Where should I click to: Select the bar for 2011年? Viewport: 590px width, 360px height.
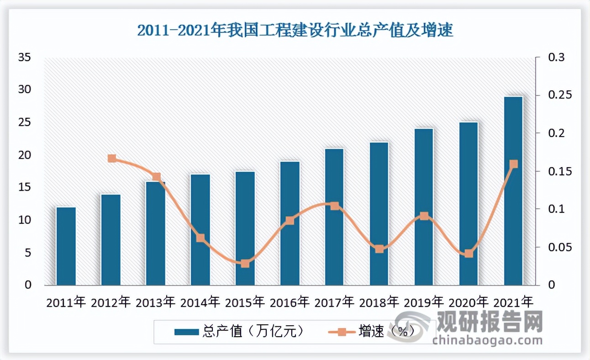coord(66,247)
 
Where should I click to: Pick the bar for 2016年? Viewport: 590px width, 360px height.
coord(290,224)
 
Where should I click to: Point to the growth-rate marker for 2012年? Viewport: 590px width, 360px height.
coord(112,159)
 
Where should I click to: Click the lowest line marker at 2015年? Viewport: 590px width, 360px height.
coord(245,264)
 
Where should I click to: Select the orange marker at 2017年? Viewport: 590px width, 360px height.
coord(335,206)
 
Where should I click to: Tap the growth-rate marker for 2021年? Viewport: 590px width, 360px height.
coord(513,164)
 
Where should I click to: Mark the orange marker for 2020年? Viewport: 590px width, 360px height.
coord(469,254)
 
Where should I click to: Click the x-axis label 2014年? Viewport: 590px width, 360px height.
coord(200,302)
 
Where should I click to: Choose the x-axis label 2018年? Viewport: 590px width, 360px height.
coord(379,302)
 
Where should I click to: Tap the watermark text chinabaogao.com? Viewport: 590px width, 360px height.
coord(487,340)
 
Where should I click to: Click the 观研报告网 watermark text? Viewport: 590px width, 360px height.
coord(490,322)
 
